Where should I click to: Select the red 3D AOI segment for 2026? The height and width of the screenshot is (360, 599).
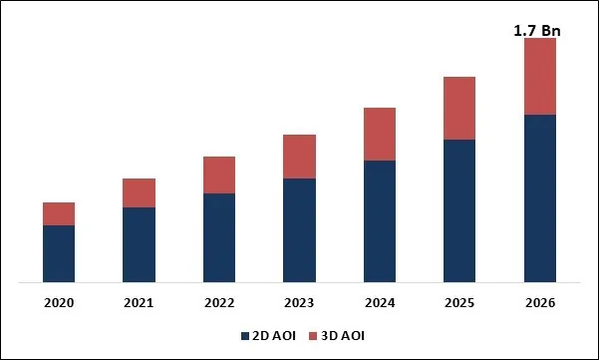pyautogui.click(x=539, y=77)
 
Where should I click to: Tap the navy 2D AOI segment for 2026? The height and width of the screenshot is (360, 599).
pyautogui.click(x=539, y=198)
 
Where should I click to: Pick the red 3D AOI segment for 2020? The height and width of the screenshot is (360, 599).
pyautogui.click(x=59, y=213)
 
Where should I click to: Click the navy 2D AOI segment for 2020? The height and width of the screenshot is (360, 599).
pyautogui.click(x=59, y=253)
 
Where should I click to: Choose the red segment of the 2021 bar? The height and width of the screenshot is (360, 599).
pyautogui.click(x=139, y=192)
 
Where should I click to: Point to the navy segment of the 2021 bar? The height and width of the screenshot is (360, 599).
pyautogui.click(x=139, y=244)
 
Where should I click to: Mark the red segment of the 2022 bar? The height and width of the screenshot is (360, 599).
pyautogui.click(x=219, y=175)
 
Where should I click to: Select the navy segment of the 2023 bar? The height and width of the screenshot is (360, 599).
pyautogui.click(x=299, y=230)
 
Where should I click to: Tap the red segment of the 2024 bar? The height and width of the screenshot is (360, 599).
pyautogui.click(x=380, y=134)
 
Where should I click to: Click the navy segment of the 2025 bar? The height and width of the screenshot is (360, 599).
pyautogui.click(x=459, y=210)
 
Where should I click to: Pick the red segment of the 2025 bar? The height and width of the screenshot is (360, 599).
pyautogui.click(x=459, y=108)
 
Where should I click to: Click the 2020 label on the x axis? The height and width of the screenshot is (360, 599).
pyautogui.click(x=59, y=302)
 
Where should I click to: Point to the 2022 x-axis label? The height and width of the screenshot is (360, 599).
pyautogui.click(x=219, y=302)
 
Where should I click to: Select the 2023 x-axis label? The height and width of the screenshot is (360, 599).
pyautogui.click(x=299, y=302)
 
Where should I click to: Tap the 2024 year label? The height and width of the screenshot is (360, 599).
pyautogui.click(x=380, y=302)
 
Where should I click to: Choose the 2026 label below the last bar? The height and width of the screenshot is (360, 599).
pyautogui.click(x=539, y=302)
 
